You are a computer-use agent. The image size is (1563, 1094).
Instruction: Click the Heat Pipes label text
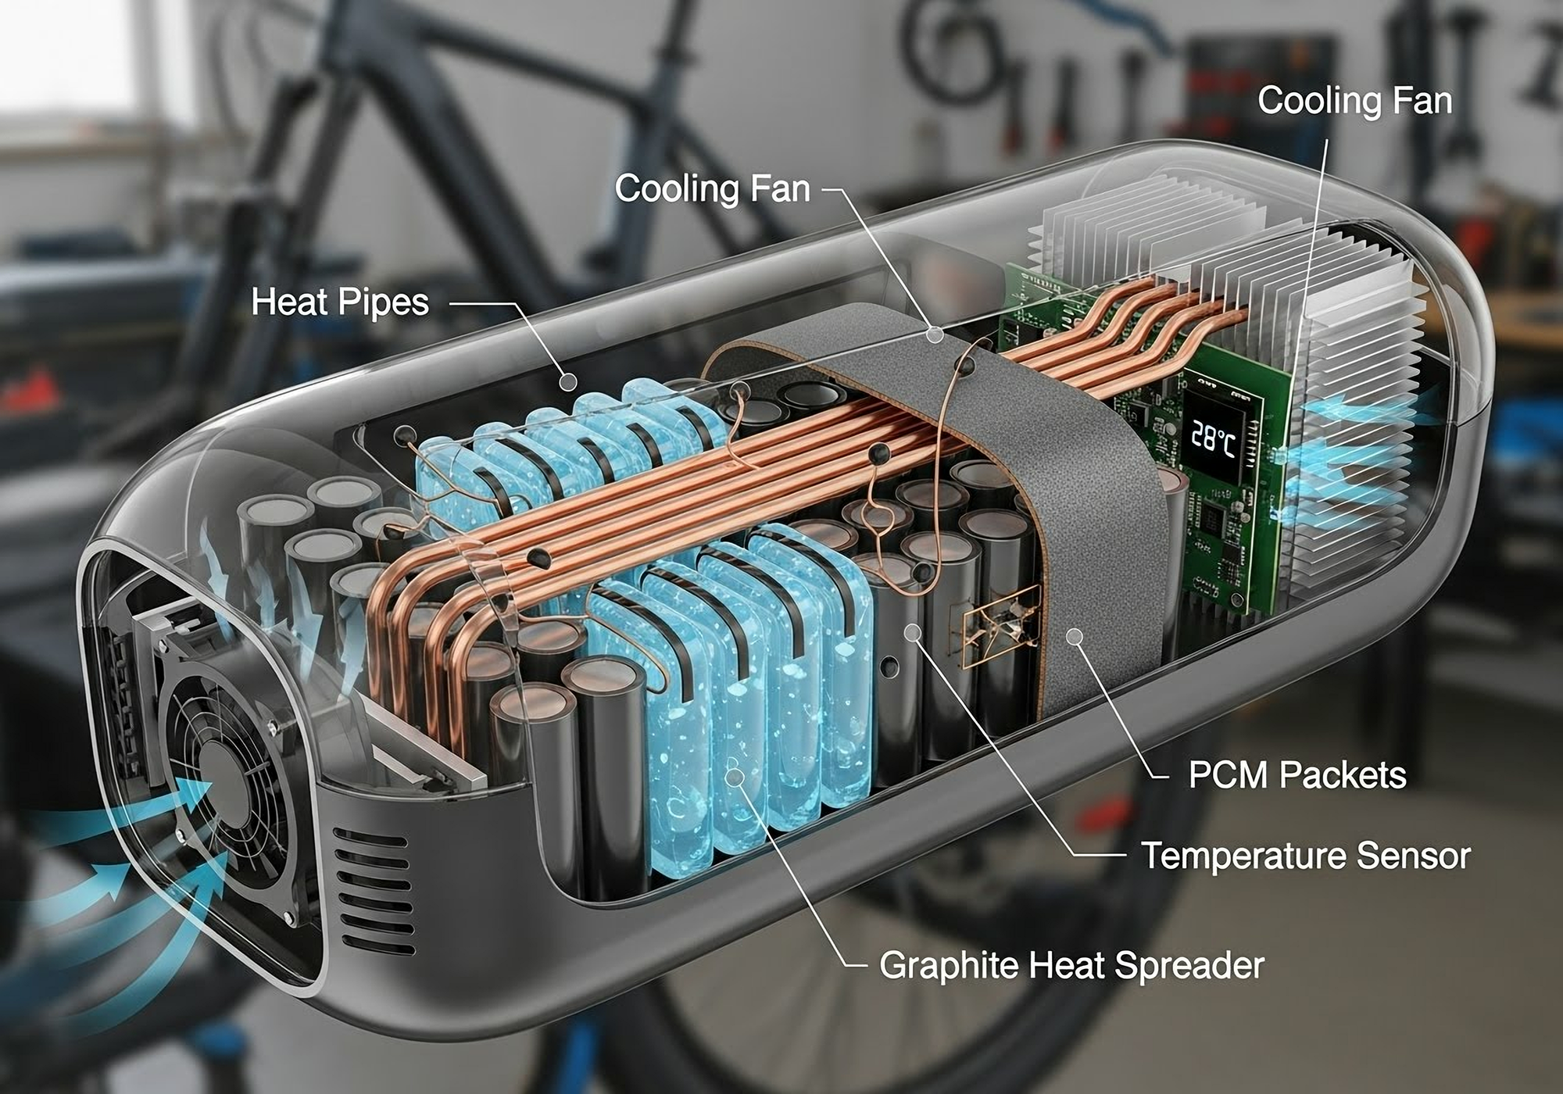[x=340, y=302]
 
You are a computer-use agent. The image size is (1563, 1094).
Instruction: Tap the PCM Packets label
[x=1297, y=775]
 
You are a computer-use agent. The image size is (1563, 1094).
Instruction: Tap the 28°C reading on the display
[x=1213, y=440]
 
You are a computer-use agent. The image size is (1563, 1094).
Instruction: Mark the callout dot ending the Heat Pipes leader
[x=569, y=381]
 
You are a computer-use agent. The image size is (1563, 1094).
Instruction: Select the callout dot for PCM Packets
[x=1075, y=637]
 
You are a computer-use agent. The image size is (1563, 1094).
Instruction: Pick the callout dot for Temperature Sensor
[x=912, y=631]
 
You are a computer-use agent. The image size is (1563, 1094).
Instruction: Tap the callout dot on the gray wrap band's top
[x=935, y=334]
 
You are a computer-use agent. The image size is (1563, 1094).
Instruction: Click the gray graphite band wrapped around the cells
[x=1094, y=547]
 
